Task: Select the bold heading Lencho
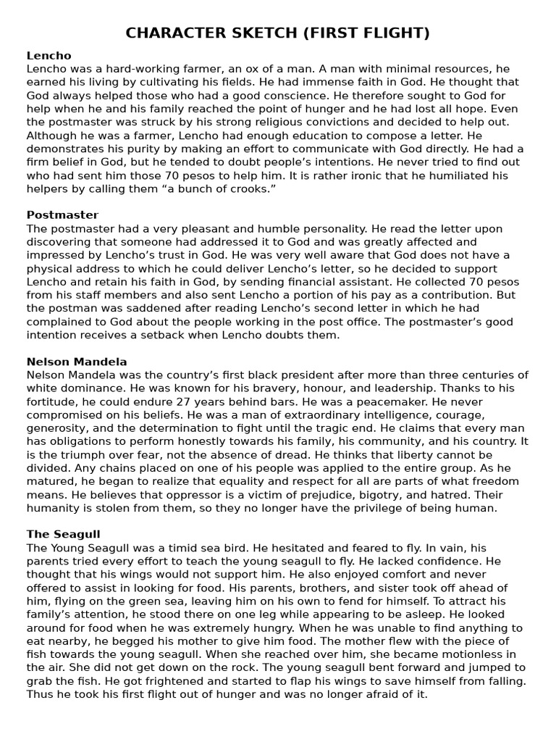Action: point(49,55)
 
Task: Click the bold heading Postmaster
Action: point(62,215)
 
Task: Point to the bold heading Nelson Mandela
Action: point(77,362)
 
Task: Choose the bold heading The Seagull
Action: point(63,534)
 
